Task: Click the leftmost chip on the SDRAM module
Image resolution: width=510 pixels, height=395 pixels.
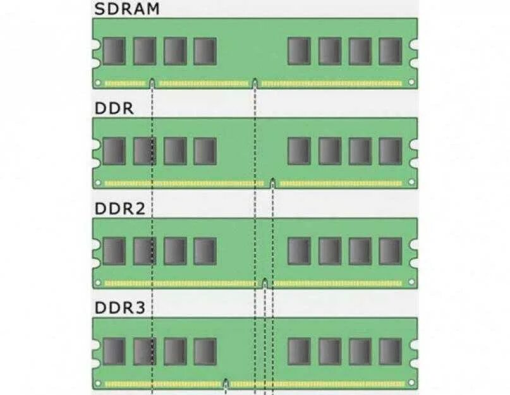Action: point(114,51)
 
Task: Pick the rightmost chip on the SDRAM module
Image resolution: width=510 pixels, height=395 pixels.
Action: point(390,51)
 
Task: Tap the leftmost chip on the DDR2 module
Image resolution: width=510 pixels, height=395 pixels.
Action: point(114,251)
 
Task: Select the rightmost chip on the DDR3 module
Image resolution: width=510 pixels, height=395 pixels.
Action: point(390,351)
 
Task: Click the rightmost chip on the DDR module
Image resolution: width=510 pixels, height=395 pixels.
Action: point(390,151)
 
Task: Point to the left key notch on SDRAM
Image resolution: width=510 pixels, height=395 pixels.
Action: point(152,82)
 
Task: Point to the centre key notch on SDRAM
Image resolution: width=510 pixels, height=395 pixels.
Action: point(255,82)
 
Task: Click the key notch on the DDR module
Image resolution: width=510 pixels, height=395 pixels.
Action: point(272,183)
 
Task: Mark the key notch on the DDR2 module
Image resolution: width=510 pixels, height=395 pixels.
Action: point(265,282)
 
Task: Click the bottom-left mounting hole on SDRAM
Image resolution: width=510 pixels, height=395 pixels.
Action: point(98,83)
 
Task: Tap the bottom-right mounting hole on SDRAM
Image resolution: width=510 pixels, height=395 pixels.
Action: point(411,82)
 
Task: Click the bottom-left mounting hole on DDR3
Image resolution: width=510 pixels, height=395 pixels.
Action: point(98,383)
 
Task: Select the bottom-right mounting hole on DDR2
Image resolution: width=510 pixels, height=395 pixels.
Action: point(411,283)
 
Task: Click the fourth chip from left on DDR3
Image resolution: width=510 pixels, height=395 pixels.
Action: point(205,351)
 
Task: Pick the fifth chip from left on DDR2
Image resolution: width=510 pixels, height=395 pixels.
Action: point(299,251)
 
